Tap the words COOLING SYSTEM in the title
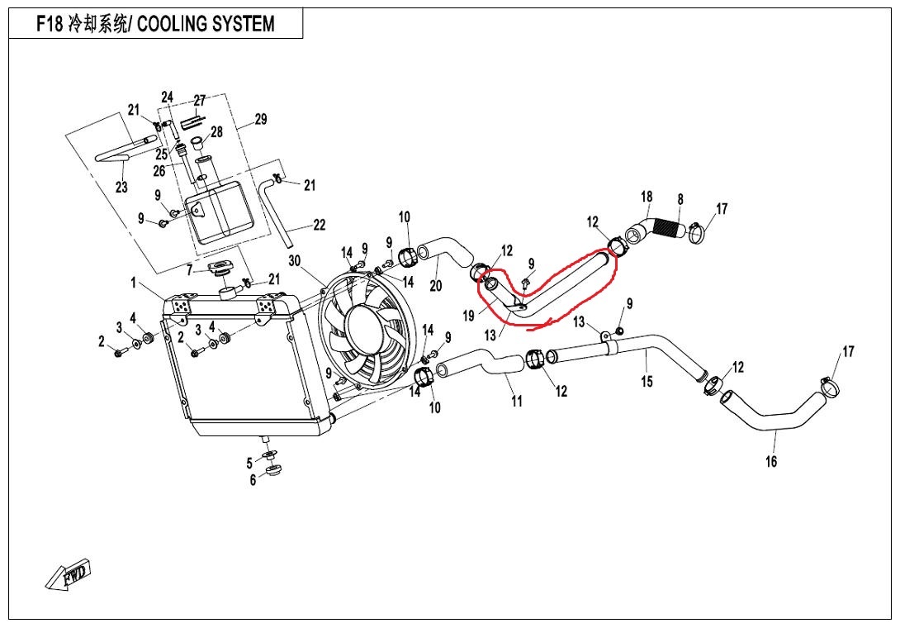(x=206, y=24)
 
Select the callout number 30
(x=295, y=261)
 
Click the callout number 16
(x=771, y=462)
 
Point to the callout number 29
(x=260, y=120)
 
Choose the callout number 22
(x=319, y=225)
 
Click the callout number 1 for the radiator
(x=134, y=283)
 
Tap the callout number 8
(x=680, y=199)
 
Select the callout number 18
(x=647, y=197)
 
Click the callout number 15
(x=647, y=381)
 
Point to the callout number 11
(x=517, y=402)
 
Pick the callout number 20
(x=436, y=287)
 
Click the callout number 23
(x=121, y=188)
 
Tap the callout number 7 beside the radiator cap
(x=189, y=270)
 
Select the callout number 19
(x=468, y=315)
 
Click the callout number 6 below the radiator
(x=253, y=480)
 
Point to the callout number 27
(x=199, y=101)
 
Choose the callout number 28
(x=216, y=132)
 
